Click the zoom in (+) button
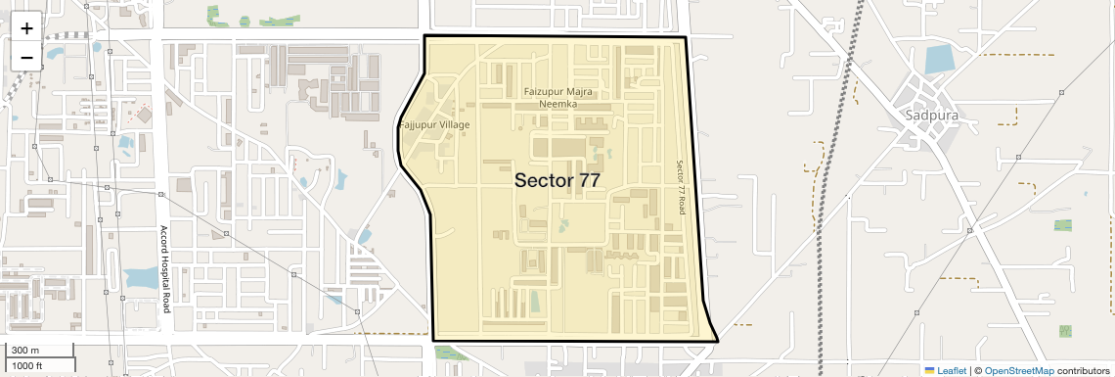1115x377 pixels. (26, 28)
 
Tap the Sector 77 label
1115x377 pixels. (557, 180)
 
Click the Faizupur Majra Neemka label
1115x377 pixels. (558, 97)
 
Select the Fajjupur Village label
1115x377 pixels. (434, 125)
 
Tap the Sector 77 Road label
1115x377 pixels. (682, 188)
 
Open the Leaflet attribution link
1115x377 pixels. (951, 370)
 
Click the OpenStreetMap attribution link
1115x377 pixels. (1018, 370)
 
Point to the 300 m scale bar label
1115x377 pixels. (25, 351)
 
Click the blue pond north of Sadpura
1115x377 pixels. (939, 60)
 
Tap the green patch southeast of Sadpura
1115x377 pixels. (1062, 225)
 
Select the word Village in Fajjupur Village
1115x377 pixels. (453, 125)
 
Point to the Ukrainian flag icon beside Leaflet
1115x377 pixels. (929, 370)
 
